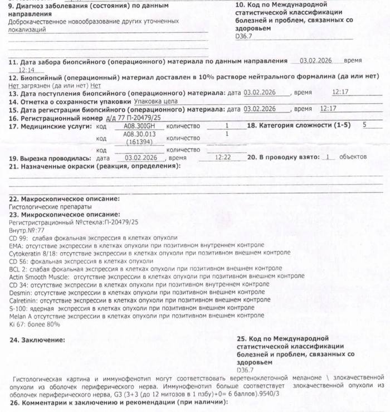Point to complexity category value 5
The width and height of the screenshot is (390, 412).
click(x=364, y=125)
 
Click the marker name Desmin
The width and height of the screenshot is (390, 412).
click(x=21, y=292)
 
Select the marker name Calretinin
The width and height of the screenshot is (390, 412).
click(x=24, y=299)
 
